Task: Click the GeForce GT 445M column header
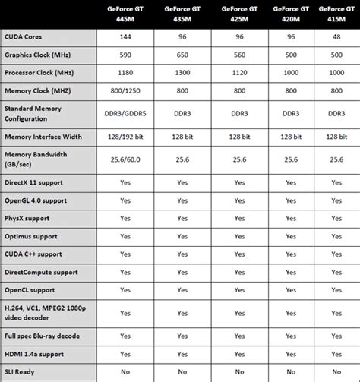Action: point(125,13)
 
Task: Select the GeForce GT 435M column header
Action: point(182,13)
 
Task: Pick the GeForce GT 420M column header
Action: point(289,13)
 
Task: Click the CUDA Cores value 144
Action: point(125,36)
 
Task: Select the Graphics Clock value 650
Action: point(182,55)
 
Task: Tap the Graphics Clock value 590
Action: point(125,55)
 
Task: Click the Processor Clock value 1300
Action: point(182,73)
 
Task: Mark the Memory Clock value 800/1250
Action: point(125,91)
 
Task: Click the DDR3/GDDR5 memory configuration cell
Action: point(125,113)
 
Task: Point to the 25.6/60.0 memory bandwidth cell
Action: point(125,159)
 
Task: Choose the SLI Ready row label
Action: point(21,372)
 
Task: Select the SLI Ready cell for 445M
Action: point(125,372)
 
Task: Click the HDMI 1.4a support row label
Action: point(35,354)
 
